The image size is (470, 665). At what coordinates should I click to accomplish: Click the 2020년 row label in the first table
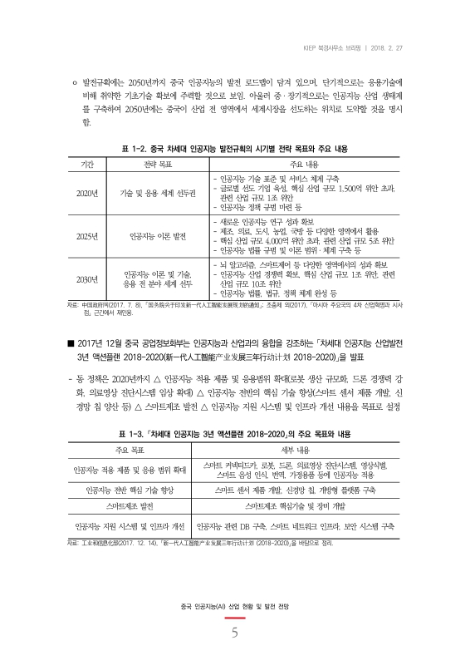pos(87,193)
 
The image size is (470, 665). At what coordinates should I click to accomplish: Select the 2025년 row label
pos(87,236)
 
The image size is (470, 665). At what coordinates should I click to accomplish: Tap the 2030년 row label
pos(87,279)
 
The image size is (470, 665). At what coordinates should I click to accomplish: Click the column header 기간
pos(87,165)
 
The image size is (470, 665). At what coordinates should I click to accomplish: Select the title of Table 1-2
pos(235,150)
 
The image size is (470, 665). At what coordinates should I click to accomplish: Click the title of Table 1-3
pos(235,434)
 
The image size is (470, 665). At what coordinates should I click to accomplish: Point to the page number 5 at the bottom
pos(235,632)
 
